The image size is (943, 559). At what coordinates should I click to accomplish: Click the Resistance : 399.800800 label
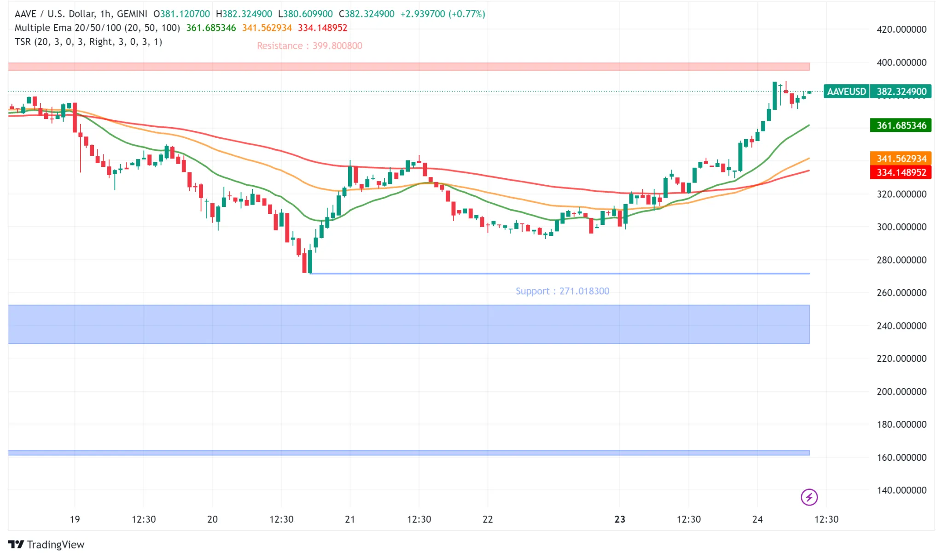[x=309, y=46]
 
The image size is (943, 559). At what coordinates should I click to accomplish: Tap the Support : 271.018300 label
[x=562, y=291]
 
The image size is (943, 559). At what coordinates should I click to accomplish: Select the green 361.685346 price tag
[x=901, y=125]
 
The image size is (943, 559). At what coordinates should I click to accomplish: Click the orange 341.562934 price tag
[x=901, y=159]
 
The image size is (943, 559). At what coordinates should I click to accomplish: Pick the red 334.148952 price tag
[x=901, y=172]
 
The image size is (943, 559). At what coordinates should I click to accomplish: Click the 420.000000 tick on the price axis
[x=901, y=29]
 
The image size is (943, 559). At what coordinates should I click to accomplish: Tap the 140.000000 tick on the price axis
[x=901, y=490]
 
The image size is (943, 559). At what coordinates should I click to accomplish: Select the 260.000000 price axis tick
[x=901, y=293]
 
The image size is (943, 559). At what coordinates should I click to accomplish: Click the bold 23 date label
[x=620, y=519]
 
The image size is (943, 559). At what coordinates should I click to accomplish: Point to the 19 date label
[x=75, y=519]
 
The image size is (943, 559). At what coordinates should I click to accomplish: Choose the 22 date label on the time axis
[x=488, y=519]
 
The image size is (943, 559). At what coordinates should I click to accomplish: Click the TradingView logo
[x=47, y=545]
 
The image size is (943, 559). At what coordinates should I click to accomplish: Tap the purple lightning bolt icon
[x=809, y=497]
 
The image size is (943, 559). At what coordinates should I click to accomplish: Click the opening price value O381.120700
[x=182, y=14]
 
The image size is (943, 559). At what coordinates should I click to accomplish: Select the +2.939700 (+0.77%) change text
[x=442, y=14]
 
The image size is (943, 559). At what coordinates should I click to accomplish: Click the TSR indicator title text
[x=88, y=42]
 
